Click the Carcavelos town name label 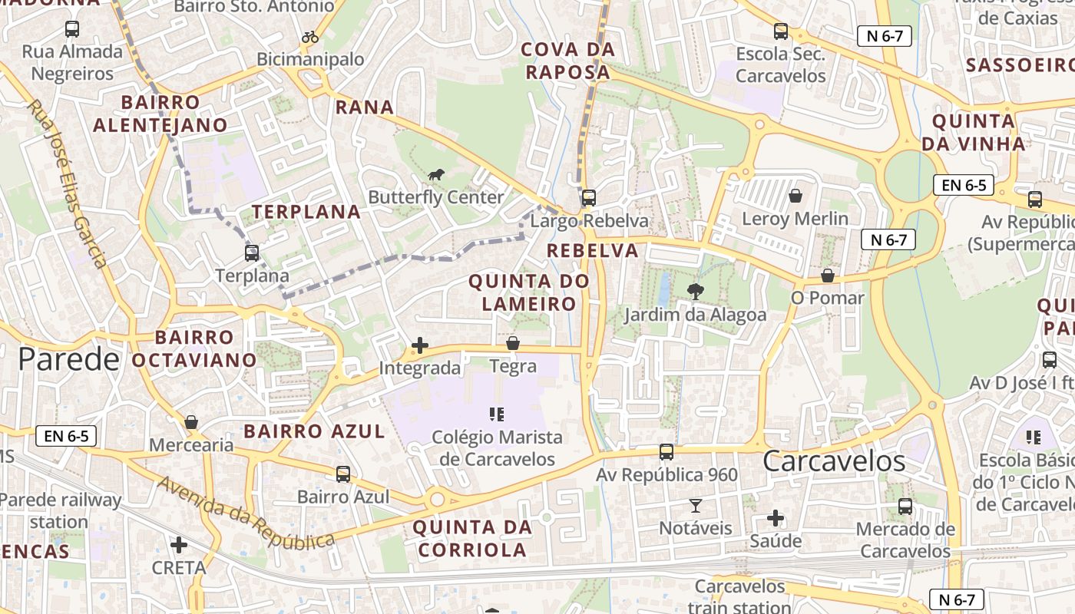point(834,461)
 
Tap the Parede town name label point(69,359)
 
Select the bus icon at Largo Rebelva point(588,198)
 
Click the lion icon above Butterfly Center point(436,175)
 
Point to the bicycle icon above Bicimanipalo point(310,37)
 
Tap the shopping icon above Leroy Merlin point(795,196)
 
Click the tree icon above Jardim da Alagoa point(695,292)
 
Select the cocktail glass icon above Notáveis point(695,505)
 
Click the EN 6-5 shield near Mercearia point(67,437)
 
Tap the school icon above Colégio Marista point(497,414)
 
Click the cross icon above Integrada point(419,345)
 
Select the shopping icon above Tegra point(512,343)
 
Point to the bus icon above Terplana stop point(252,253)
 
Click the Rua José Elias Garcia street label point(68,184)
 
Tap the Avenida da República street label point(246,516)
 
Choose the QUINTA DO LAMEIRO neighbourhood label point(528,292)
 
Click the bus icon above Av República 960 point(666,452)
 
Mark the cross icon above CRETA point(179,545)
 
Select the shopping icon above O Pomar point(827,275)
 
